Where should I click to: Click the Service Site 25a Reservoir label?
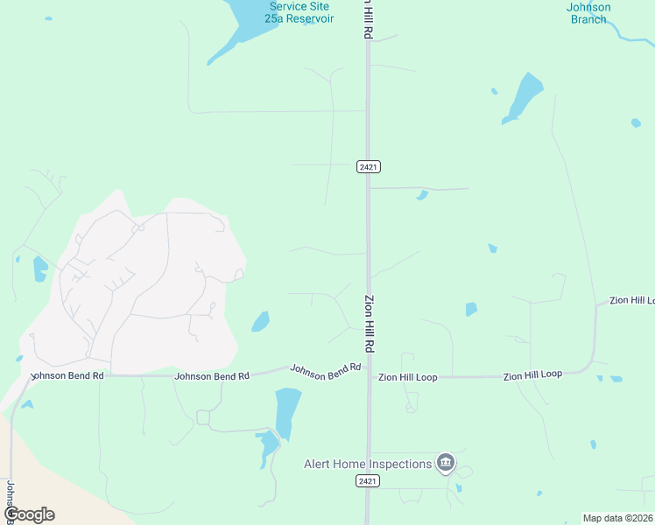tap(300, 12)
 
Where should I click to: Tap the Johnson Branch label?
tap(588, 13)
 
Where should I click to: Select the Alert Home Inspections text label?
tap(368, 464)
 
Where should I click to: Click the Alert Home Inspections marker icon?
tap(446, 462)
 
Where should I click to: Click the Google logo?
tap(29, 514)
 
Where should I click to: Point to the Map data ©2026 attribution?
tap(618, 518)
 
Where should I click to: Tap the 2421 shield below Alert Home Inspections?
tap(369, 481)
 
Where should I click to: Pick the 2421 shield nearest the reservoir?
tap(369, 166)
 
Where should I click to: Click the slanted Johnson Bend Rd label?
tap(326, 371)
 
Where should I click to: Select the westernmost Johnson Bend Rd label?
tap(67, 375)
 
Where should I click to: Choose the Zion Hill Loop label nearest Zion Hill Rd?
tap(407, 377)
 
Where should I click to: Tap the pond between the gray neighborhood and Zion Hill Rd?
tap(260, 322)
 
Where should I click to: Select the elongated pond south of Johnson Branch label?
tap(523, 97)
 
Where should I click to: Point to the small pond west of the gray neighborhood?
tap(40, 269)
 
